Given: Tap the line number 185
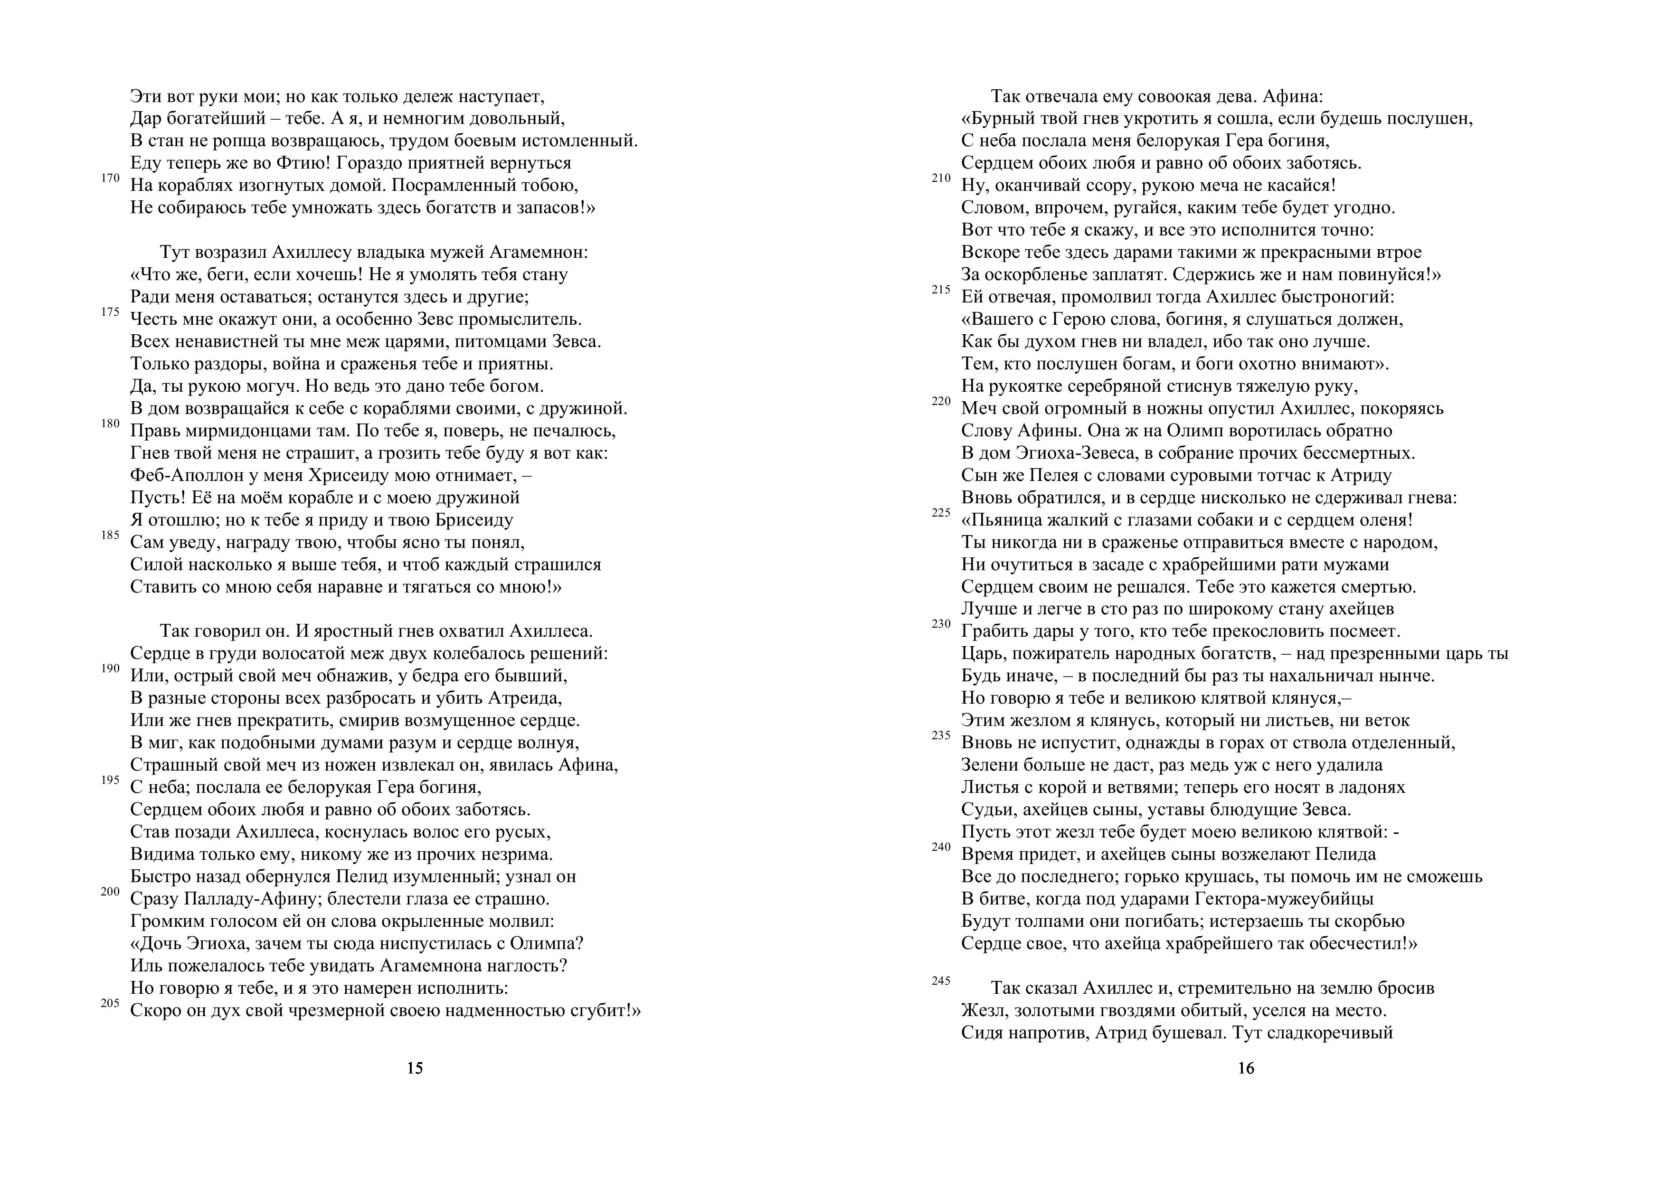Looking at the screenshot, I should pos(110,535).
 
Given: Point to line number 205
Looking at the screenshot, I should pos(110,1004).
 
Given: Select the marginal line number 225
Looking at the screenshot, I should pos(941,513).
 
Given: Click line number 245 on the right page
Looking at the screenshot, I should pos(941,981).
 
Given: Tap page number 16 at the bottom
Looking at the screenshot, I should pos(1246,1068).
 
